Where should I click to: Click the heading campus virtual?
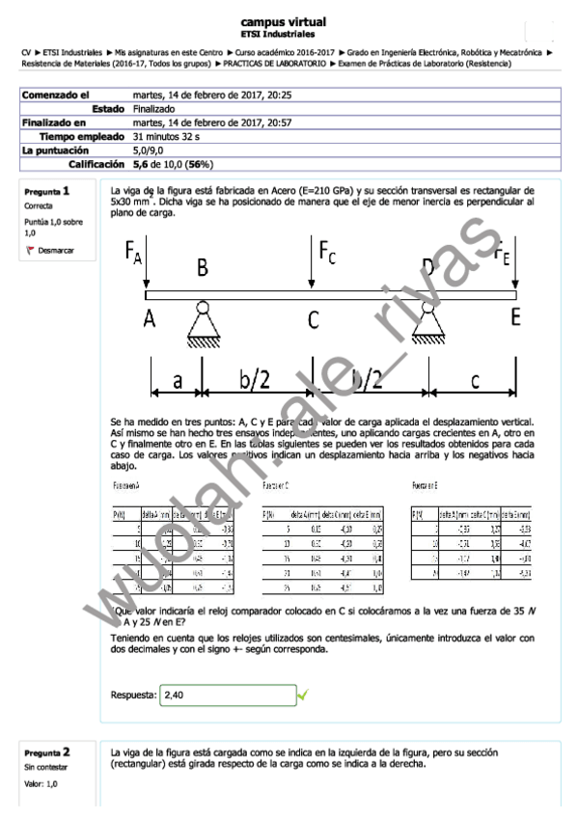coord(283,21)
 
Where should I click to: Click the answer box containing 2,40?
coord(227,694)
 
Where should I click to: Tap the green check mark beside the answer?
coord(303,694)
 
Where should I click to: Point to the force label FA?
coord(134,255)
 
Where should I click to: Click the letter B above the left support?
coord(203,269)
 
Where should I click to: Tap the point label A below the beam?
coord(150,317)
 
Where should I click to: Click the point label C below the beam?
coord(314,318)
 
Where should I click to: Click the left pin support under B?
coord(202,323)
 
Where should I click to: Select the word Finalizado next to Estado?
coord(155,109)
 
